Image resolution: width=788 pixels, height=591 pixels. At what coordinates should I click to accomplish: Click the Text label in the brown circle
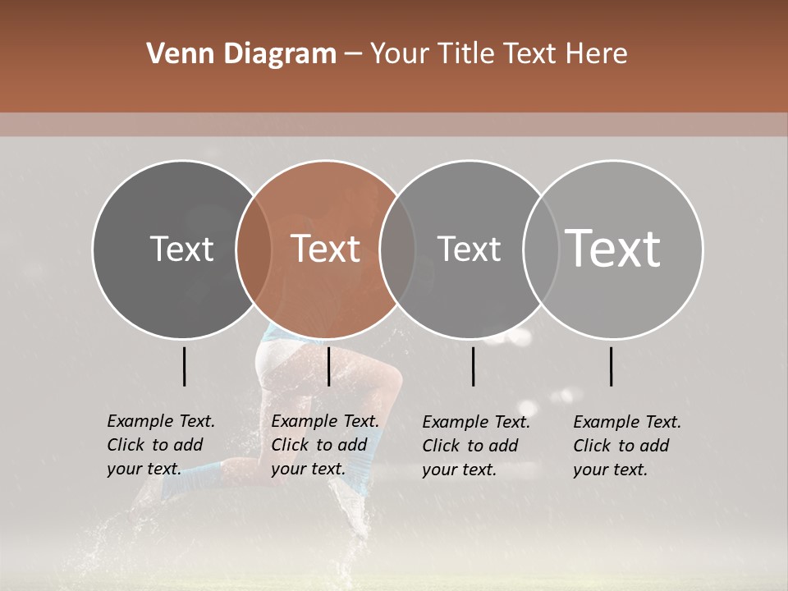click(326, 249)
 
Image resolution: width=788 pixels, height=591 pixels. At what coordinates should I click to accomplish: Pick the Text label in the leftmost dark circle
click(181, 249)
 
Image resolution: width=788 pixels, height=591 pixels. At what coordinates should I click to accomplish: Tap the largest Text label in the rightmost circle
click(613, 248)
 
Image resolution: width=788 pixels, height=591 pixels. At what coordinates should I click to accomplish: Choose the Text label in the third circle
click(469, 249)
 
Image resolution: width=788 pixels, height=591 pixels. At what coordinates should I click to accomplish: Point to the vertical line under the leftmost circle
click(184, 366)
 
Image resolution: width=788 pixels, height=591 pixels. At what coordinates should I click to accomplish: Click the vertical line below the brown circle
click(328, 366)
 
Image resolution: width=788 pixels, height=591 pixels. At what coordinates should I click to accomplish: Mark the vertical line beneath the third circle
click(473, 366)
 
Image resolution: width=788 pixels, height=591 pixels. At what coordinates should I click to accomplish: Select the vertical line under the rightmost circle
click(611, 366)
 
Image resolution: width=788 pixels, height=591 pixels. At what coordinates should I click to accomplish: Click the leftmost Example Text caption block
click(161, 445)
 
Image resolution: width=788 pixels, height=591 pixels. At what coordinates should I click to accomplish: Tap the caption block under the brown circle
click(325, 445)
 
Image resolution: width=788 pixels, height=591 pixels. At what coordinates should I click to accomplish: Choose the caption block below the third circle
click(476, 446)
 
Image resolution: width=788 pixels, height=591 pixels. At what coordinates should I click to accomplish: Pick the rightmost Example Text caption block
click(627, 446)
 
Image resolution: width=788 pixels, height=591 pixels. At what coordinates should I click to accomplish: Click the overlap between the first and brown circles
click(254, 250)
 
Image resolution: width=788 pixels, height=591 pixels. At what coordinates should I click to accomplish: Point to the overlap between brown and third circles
click(397, 250)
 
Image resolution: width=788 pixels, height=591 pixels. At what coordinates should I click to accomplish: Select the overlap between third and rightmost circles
click(541, 250)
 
